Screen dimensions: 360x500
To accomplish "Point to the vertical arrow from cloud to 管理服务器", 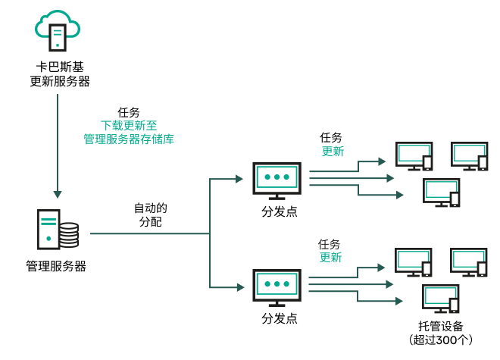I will point(58,144).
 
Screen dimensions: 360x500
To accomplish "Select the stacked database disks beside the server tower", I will point(69,235).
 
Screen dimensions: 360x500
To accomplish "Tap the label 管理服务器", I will point(56,267).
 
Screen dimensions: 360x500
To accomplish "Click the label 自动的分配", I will point(150,214).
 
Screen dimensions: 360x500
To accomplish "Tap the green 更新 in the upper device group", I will point(332,151).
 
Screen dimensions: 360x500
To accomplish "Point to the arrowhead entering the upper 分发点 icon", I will point(239,179).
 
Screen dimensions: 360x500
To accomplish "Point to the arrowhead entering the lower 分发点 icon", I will point(239,286).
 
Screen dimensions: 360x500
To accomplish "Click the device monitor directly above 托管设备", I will point(439,298).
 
